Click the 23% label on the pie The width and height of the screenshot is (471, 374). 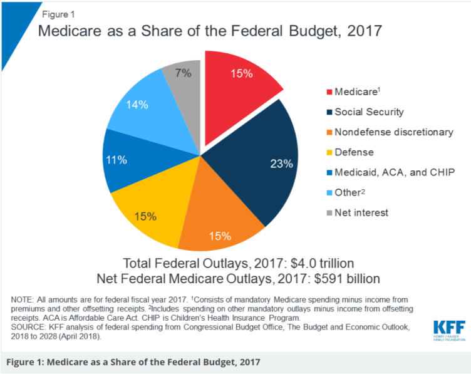(281, 164)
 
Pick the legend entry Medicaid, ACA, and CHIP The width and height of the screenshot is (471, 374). (393, 172)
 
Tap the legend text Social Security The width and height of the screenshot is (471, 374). (369, 112)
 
